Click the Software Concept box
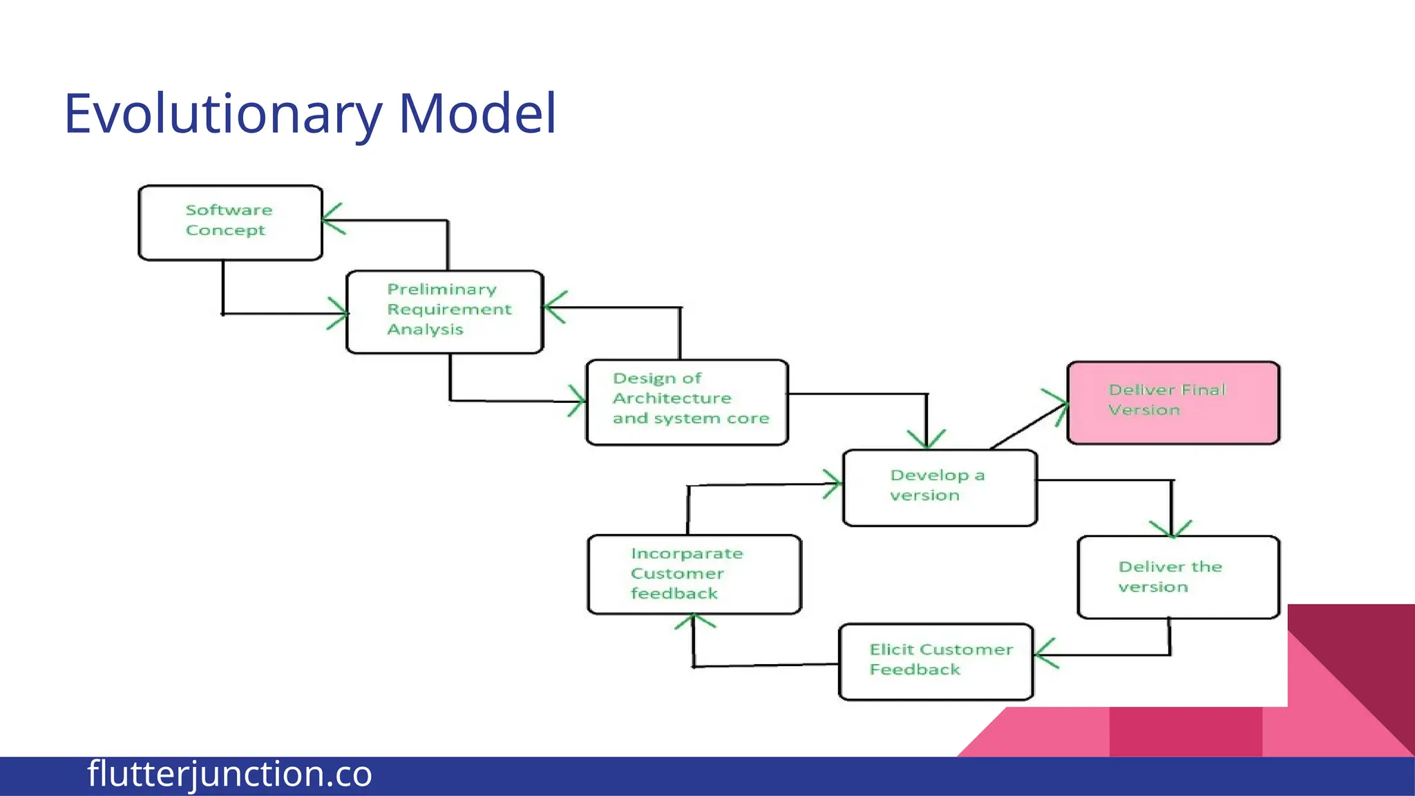(230, 222)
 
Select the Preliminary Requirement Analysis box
(445, 312)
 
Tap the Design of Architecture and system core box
(687, 402)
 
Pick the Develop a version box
(940, 488)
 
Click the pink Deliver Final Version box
(1173, 403)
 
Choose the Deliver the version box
(1178, 577)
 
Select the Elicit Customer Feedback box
(936, 661)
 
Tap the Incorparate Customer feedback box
(694, 574)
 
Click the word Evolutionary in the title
(222, 114)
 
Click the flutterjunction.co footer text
(229, 774)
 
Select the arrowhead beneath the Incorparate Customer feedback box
(694, 620)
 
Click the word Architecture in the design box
(672, 399)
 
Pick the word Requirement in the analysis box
(449, 310)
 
